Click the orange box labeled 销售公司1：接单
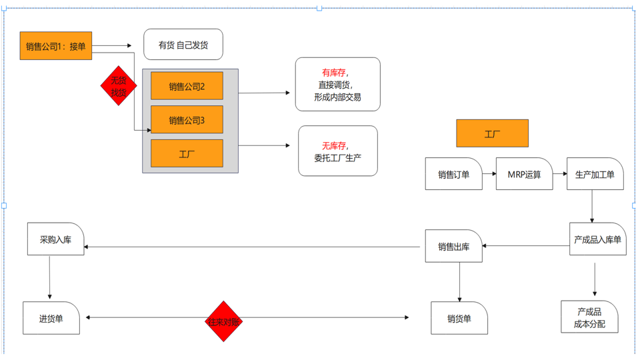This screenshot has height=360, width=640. (x=56, y=46)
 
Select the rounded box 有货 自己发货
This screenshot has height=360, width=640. (x=183, y=45)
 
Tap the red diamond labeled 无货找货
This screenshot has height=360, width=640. (x=119, y=86)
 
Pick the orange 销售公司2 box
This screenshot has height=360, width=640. (x=187, y=86)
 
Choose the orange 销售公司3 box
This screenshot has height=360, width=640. (x=187, y=119)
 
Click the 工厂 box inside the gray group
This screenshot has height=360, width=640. (x=187, y=153)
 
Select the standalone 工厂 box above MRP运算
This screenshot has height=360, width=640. (x=492, y=133)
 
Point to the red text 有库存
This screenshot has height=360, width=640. (x=334, y=73)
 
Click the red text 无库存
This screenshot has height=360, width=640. (x=334, y=146)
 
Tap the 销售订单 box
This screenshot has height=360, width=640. (x=454, y=174)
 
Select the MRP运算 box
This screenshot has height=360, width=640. (x=525, y=174)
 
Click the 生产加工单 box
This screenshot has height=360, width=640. (x=595, y=174)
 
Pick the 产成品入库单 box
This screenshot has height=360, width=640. (x=598, y=239)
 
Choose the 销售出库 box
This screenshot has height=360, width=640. (x=454, y=246)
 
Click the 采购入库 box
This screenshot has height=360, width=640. (x=56, y=239)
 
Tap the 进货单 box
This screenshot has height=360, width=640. (x=51, y=318)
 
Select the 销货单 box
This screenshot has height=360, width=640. (x=459, y=318)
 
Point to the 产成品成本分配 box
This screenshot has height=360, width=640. (x=590, y=317)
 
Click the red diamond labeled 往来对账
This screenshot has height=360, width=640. (x=224, y=321)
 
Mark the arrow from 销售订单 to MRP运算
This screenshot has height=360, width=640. (x=489, y=174)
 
